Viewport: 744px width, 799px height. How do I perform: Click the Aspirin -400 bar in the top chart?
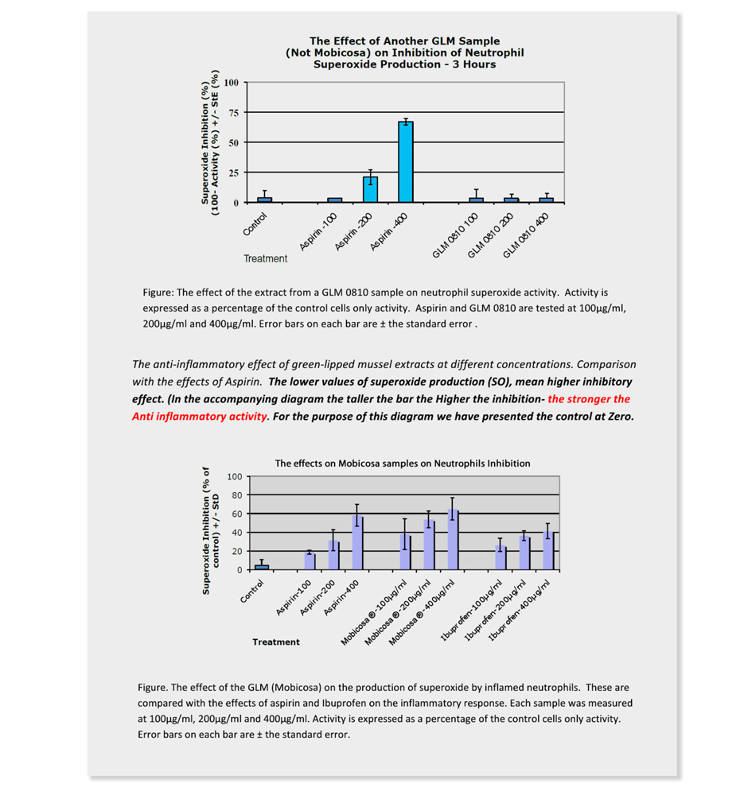coord(406,162)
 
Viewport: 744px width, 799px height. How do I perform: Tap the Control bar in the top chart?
coord(264,200)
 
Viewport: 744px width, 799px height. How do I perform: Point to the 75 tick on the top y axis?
coord(232,112)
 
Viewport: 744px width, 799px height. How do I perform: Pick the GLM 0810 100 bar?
coord(476,200)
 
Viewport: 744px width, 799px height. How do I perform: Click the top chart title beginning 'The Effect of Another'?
coord(404,52)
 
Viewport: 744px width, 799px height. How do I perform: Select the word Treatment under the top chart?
coord(265,258)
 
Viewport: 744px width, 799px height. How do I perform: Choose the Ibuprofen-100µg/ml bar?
coord(501,557)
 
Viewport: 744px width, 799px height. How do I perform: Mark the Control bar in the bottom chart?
coord(262,567)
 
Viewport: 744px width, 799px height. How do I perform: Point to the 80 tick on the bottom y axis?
coord(235,495)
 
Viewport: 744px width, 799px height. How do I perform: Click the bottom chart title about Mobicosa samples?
coord(403,463)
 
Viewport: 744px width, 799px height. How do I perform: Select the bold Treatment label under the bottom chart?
coord(276,642)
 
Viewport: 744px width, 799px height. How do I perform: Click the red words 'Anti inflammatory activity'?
coord(200,416)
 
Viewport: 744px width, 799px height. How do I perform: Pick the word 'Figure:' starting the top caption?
coord(159,293)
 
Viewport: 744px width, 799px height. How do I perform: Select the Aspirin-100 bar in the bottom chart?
coord(310,560)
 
